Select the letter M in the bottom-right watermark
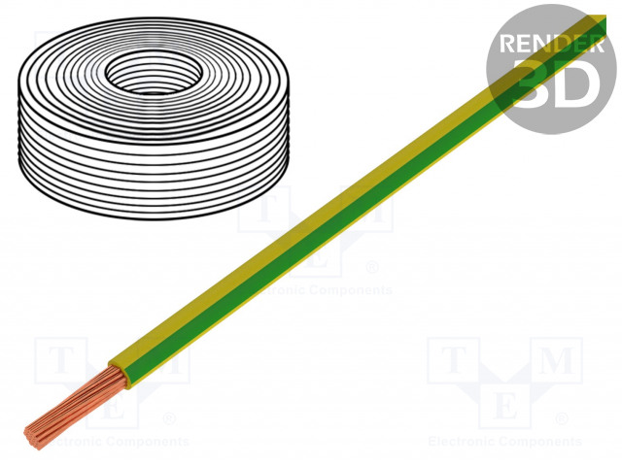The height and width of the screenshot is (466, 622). click(x=557, y=359)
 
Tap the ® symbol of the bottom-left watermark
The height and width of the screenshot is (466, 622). click(x=167, y=419)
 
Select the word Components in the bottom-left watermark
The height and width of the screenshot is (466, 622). click(x=146, y=442)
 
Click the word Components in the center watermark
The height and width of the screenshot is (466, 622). click(x=348, y=289)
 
